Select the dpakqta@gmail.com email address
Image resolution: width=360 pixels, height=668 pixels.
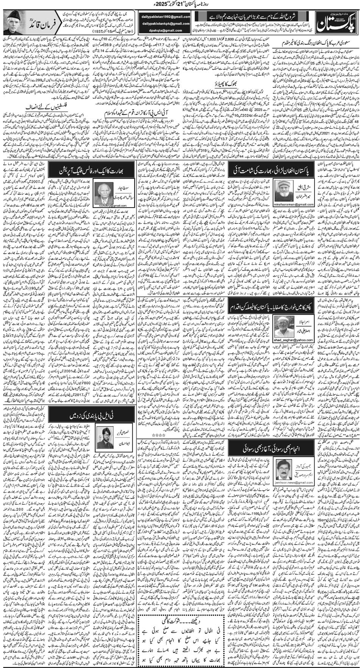point(167,30)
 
